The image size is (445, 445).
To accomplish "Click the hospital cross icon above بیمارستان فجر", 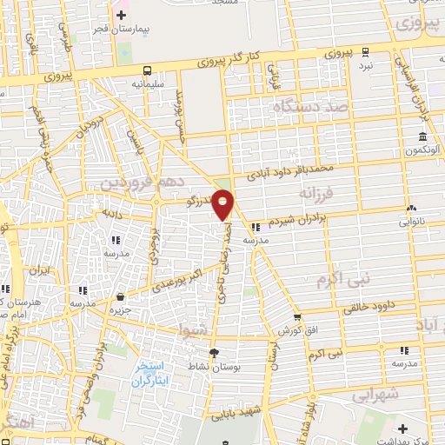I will (x=121, y=14).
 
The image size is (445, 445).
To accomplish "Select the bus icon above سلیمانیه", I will (x=146, y=70).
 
